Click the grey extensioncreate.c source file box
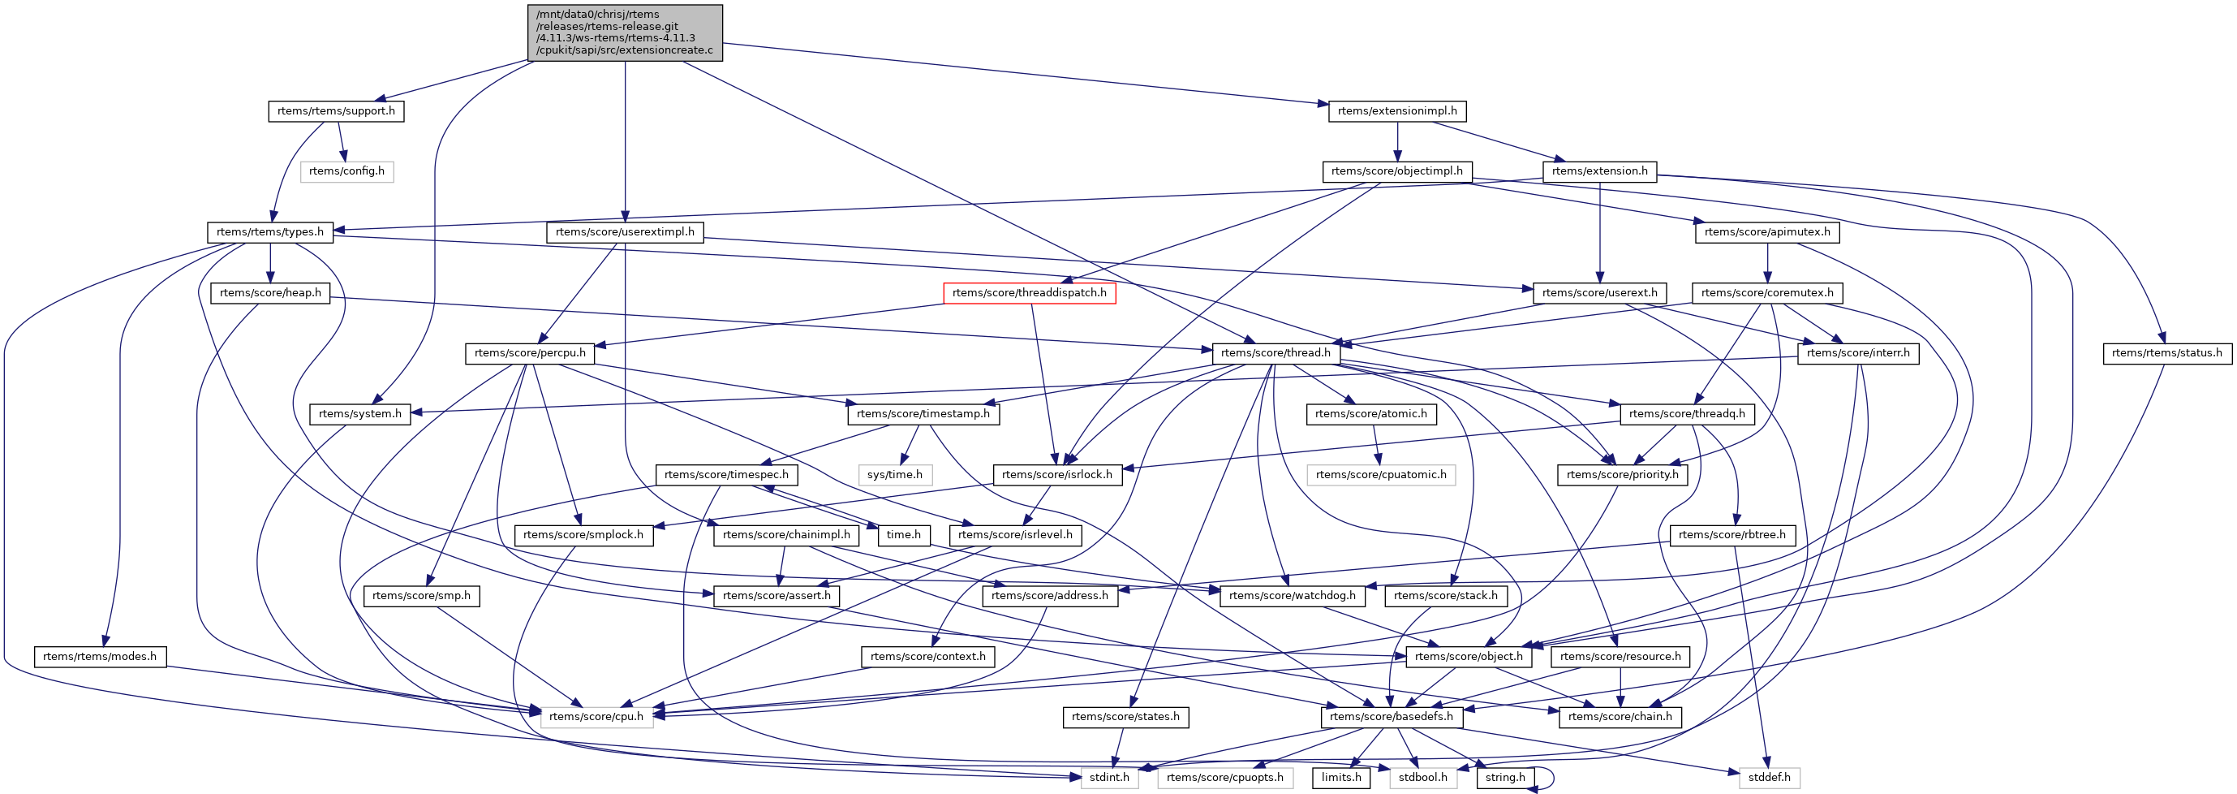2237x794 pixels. (625, 32)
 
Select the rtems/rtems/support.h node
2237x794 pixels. (335, 111)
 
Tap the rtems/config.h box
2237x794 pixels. (346, 171)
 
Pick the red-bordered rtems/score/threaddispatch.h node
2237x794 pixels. (1029, 293)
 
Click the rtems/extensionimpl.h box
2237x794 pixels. (1397, 111)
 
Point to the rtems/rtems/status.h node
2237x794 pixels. (2166, 352)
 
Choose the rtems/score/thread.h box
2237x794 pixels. (1275, 352)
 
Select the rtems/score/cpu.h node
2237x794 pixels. (596, 717)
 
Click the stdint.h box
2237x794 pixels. (1109, 778)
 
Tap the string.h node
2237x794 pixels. (1505, 778)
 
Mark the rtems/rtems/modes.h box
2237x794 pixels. (100, 657)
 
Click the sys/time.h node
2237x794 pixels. (894, 474)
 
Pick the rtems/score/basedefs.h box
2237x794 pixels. (1390, 717)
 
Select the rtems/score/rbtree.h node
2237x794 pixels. (1732, 535)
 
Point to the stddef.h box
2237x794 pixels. (1769, 778)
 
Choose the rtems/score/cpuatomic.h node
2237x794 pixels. (1381, 474)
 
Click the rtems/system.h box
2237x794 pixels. (359, 413)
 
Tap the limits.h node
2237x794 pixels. (1340, 778)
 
